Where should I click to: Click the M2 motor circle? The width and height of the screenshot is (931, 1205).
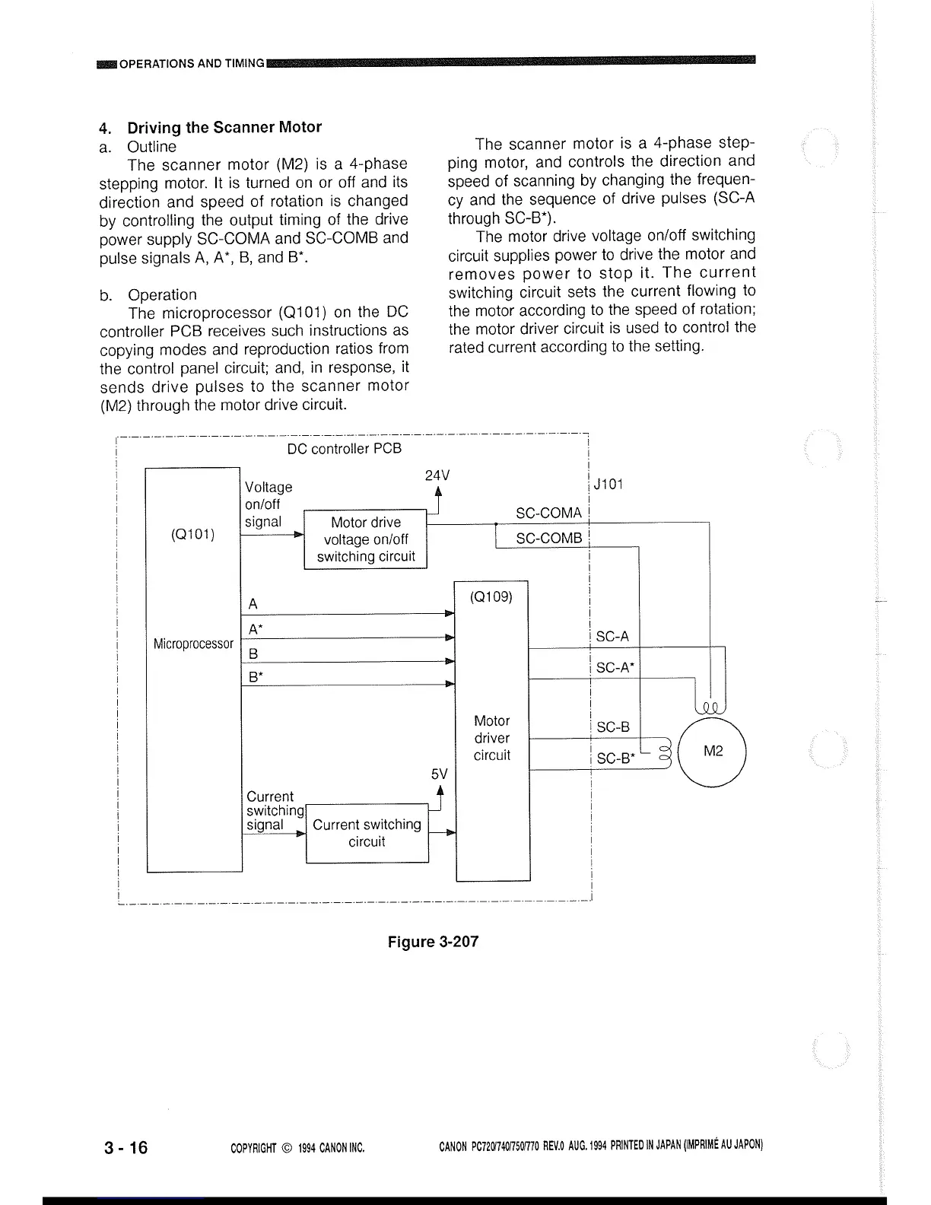713,752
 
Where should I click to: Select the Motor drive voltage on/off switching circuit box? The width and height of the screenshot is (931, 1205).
365,539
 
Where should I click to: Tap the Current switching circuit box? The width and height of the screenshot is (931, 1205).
367,833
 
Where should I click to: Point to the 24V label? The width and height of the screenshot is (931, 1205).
437,475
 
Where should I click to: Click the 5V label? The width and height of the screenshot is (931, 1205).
439,774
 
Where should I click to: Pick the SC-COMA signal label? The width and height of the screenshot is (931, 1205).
548,513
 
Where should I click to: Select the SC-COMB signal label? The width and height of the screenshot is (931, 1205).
548,539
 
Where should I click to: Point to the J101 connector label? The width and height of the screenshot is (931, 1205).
608,485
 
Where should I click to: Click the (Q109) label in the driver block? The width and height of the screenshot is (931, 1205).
491,596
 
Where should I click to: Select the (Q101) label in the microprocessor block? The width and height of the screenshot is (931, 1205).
192,534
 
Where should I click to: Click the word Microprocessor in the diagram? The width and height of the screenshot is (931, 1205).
193,644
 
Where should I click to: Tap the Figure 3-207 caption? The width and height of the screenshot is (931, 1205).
433,942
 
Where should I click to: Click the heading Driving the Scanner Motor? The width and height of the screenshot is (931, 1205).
224,127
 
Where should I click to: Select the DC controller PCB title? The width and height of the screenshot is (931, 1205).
344,449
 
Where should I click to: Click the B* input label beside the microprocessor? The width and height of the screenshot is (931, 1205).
256,677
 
